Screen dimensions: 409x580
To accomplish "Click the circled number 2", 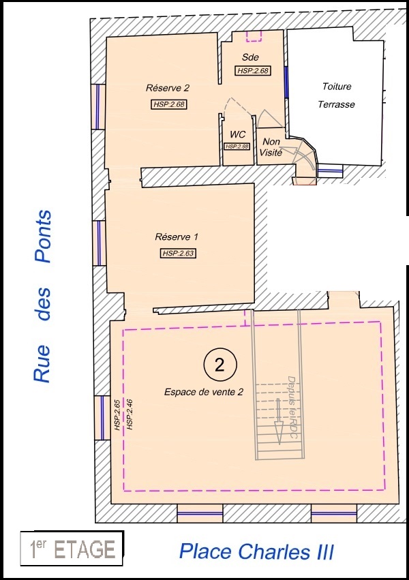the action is pyautogui.click(x=219, y=365).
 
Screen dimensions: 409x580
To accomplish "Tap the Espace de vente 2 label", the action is pyautogui.click(x=204, y=392).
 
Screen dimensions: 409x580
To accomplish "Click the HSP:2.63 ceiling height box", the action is pyautogui.click(x=178, y=254).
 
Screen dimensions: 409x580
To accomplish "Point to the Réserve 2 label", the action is pyautogui.click(x=168, y=88).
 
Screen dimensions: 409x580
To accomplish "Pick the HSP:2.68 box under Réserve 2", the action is pyautogui.click(x=168, y=104).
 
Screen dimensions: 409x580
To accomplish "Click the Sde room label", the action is pyautogui.click(x=250, y=57).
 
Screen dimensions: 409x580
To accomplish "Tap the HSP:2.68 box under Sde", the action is pyautogui.click(x=253, y=71).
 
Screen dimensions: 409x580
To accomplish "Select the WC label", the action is pyautogui.click(x=237, y=134).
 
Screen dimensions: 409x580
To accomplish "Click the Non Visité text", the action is pyautogui.click(x=271, y=147).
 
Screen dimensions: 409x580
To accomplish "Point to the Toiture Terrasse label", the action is pyautogui.click(x=337, y=95).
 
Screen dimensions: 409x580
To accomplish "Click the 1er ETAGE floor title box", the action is pyautogui.click(x=72, y=549).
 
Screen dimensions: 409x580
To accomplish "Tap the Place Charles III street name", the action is pyautogui.click(x=256, y=551).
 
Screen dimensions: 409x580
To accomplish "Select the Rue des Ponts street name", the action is pyautogui.click(x=42, y=296).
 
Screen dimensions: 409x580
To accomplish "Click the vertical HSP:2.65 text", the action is pyautogui.click(x=117, y=414).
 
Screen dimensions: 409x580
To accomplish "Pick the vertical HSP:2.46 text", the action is pyautogui.click(x=130, y=414).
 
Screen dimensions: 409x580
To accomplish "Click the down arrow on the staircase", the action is pyautogui.click(x=278, y=421).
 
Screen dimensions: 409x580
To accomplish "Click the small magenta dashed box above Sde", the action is pyautogui.click(x=254, y=36).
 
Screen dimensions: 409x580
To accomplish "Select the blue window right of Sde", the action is pyautogui.click(x=286, y=82).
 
